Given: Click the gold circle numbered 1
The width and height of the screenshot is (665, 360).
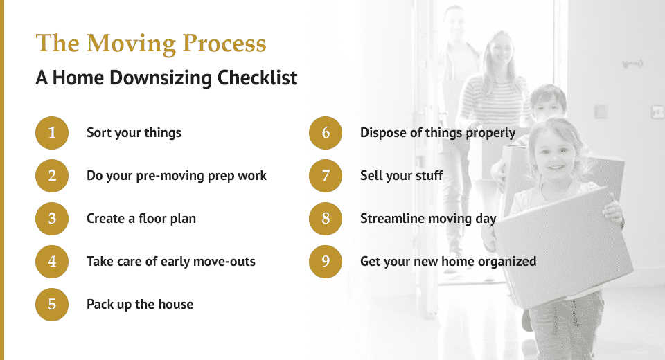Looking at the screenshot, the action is (x=52, y=133).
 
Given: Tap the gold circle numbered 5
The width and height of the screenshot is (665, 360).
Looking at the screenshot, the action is (x=52, y=305).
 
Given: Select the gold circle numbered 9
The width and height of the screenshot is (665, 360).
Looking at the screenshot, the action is (x=326, y=262).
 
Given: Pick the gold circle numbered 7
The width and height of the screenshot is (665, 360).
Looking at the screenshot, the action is (x=326, y=176).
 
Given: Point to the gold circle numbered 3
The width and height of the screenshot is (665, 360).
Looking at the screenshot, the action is (x=52, y=219).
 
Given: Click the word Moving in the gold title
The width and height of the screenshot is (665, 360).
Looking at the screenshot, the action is (x=131, y=44).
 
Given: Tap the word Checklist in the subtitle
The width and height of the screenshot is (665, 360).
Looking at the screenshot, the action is (x=257, y=78).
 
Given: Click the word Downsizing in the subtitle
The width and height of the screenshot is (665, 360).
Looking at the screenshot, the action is (x=160, y=78).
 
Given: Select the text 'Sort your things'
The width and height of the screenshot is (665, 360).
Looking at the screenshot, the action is (x=134, y=133).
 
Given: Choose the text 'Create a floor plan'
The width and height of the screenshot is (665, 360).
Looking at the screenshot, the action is (x=141, y=218).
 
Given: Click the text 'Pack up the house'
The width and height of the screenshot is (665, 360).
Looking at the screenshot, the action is (x=140, y=304).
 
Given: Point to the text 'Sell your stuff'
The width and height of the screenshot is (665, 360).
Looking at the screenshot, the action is (x=402, y=176).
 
